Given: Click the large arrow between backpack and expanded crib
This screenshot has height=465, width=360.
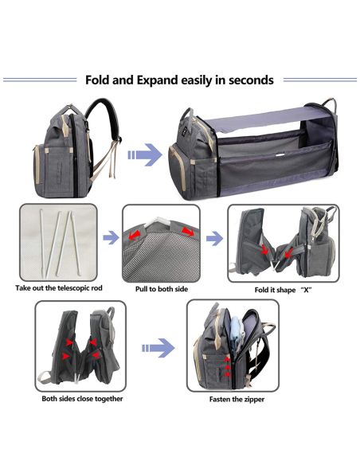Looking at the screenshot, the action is (145, 154).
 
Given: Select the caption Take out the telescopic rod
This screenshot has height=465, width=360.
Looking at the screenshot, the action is (59, 288).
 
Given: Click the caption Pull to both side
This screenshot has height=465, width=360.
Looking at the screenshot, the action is (162, 289).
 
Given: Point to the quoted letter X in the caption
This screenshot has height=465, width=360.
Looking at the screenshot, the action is (306, 290).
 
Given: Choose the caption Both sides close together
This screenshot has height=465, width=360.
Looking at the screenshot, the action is (82, 399).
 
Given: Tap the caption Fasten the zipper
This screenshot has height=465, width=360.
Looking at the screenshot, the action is (237, 399).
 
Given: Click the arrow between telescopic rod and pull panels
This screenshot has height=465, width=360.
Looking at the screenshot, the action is (111, 237).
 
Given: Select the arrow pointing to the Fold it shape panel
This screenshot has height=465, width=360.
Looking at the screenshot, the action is (214, 238).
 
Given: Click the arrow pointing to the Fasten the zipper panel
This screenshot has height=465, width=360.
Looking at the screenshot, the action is (158, 348).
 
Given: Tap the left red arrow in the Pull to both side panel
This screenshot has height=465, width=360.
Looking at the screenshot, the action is (134, 236).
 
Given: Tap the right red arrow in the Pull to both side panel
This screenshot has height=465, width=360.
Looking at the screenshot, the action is (188, 232).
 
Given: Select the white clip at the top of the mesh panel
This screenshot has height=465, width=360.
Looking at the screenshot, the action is (158, 221).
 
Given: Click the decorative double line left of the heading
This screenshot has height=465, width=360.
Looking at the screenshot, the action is (40, 80).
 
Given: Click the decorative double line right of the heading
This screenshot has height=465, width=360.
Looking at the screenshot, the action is (320, 80).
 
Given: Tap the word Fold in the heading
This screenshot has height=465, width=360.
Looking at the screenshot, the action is (97, 80).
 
